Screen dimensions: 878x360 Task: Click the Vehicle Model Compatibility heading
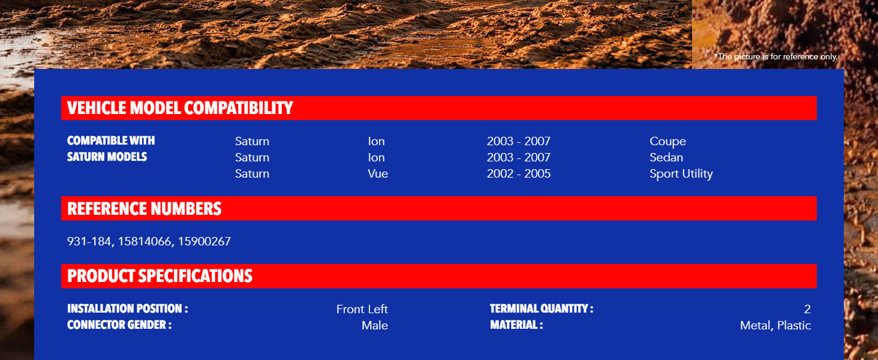point(180,108)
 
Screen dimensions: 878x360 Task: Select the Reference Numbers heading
point(145,209)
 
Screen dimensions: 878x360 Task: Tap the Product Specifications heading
point(160,276)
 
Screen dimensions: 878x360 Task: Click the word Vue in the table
point(378,174)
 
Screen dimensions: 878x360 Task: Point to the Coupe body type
point(667,141)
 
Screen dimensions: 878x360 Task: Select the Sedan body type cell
point(666,157)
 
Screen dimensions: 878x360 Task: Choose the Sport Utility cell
point(681,174)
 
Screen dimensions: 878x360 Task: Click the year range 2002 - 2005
point(519,174)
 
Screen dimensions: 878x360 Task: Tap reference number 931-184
point(89,241)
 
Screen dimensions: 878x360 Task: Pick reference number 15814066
point(145,241)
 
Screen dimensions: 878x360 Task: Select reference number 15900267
point(205,241)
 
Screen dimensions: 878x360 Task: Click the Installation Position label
point(127,308)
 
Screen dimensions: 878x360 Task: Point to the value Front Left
point(362,309)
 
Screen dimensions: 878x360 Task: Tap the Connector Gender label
point(119,325)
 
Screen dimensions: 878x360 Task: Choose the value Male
point(375,325)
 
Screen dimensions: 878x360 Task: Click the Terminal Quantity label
point(542,308)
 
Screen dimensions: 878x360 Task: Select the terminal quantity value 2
point(807,309)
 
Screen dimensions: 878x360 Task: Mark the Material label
point(516,325)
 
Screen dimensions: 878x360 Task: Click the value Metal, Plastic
point(775,325)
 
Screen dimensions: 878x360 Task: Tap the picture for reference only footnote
point(775,57)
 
